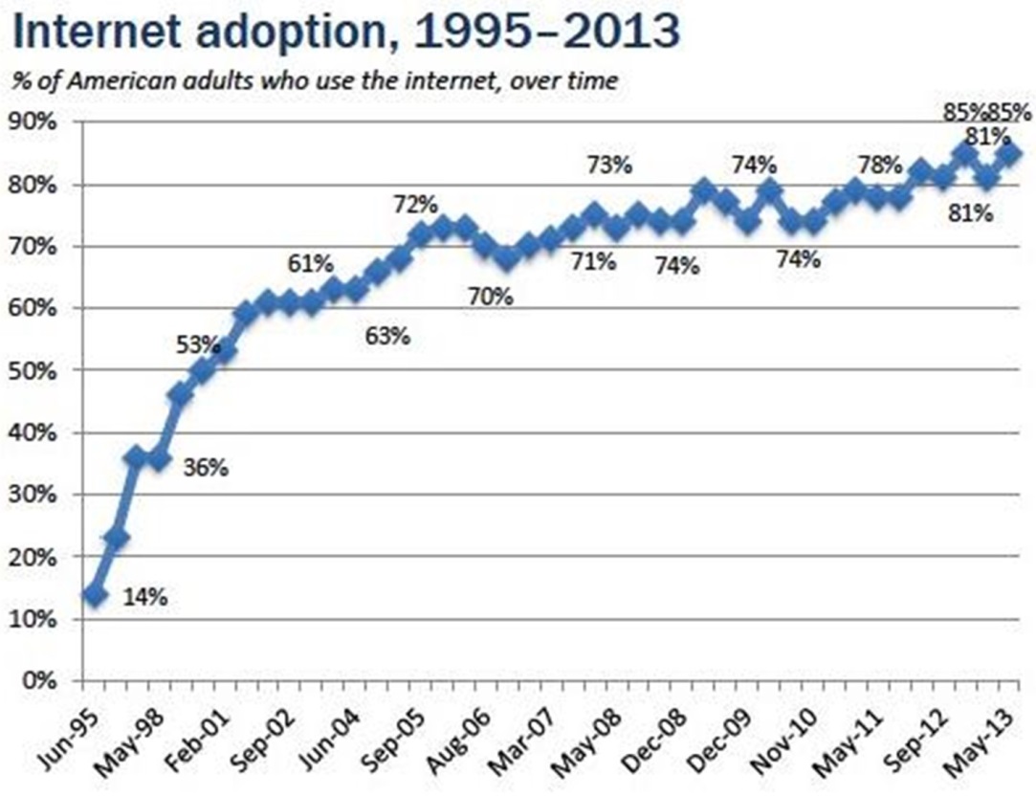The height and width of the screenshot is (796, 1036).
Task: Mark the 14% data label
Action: [x=146, y=598]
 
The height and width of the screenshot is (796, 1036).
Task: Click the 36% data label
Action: [x=206, y=469]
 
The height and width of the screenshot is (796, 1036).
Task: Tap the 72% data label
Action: [x=415, y=205]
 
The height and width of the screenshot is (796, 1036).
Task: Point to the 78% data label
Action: [x=879, y=165]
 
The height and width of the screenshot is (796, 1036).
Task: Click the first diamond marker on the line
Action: [x=94, y=595]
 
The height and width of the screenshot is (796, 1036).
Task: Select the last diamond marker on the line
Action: [x=1009, y=153]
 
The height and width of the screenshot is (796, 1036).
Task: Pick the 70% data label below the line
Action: [x=491, y=297]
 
